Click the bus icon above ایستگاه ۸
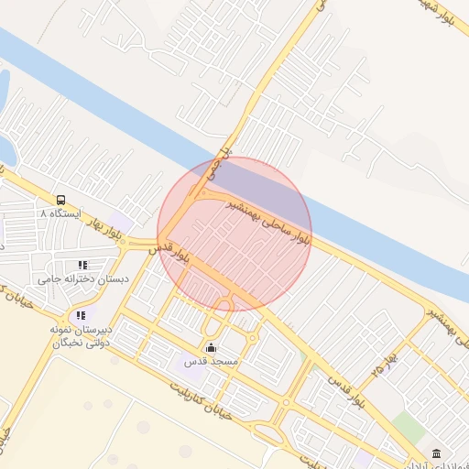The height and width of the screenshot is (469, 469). pyautogui.click(x=60, y=200)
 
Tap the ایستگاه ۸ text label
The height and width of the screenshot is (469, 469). pyautogui.click(x=60, y=213)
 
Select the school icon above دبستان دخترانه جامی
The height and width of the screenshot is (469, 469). pyautogui.click(x=83, y=265)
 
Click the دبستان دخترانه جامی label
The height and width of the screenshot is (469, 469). pyautogui.click(x=83, y=278)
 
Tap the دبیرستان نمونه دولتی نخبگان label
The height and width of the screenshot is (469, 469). pyautogui.click(x=79, y=335)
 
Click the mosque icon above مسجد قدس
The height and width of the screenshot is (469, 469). pyautogui.click(x=212, y=347)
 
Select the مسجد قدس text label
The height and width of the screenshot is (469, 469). pyautogui.click(x=212, y=362)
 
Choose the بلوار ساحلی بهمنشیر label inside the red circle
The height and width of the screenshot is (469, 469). pyautogui.click(x=268, y=221)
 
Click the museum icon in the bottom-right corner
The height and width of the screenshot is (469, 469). pyautogui.click(x=435, y=453)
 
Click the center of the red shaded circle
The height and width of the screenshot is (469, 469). pyautogui.click(x=234, y=234)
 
